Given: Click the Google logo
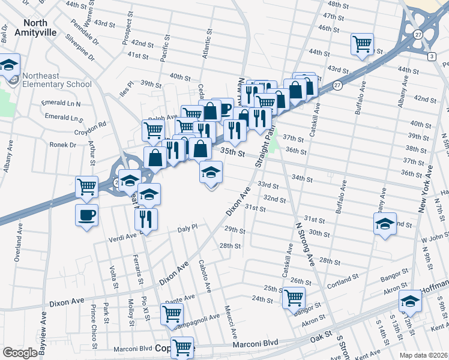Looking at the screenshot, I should tap(20, 353).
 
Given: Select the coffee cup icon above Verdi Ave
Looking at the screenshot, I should tap(86, 215).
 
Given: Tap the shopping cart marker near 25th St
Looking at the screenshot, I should tap(294, 298).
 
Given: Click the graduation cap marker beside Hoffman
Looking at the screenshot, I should tap(411, 302).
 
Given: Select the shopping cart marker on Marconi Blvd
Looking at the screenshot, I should tap(182, 347).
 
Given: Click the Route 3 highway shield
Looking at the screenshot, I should tap(431, 56).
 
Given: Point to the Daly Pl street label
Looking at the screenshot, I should tap(188, 229).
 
